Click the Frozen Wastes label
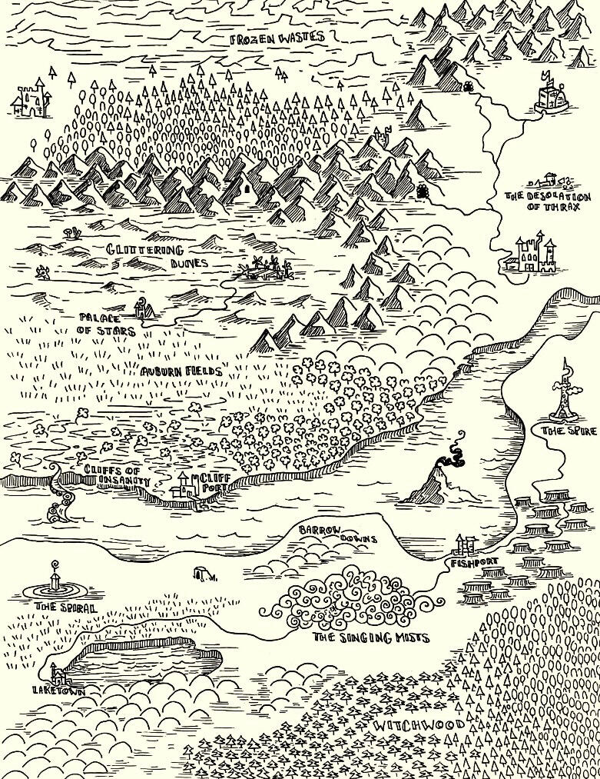[x=278, y=37]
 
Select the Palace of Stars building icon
[x=142, y=309]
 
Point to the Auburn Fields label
[x=181, y=371]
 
